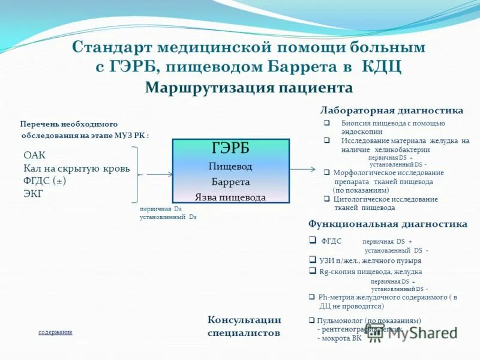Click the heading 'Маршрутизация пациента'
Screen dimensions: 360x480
point(248,88)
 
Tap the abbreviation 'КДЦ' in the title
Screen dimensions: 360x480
point(381,67)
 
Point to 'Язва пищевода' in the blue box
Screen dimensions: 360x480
point(230,197)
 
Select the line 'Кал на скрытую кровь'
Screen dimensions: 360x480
point(76,169)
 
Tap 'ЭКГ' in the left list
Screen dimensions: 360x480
point(34,193)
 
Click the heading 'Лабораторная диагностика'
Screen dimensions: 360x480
point(391,111)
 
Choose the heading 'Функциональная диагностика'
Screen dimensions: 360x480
point(388,224)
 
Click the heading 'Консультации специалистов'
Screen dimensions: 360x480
point(244,326)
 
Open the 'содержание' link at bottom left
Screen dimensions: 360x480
point(55,332)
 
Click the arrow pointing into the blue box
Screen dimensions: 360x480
point(159,175)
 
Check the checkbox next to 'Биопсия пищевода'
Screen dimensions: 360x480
point(327,123)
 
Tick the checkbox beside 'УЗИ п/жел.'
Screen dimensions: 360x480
point(313,260)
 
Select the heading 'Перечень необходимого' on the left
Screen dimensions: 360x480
point(68,124)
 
